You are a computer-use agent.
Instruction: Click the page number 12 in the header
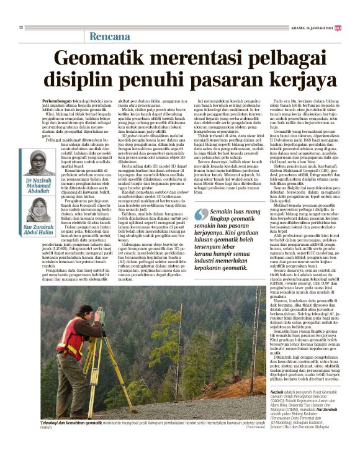pos(20,27)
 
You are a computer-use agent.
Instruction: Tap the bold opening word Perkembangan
pos(56,99)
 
